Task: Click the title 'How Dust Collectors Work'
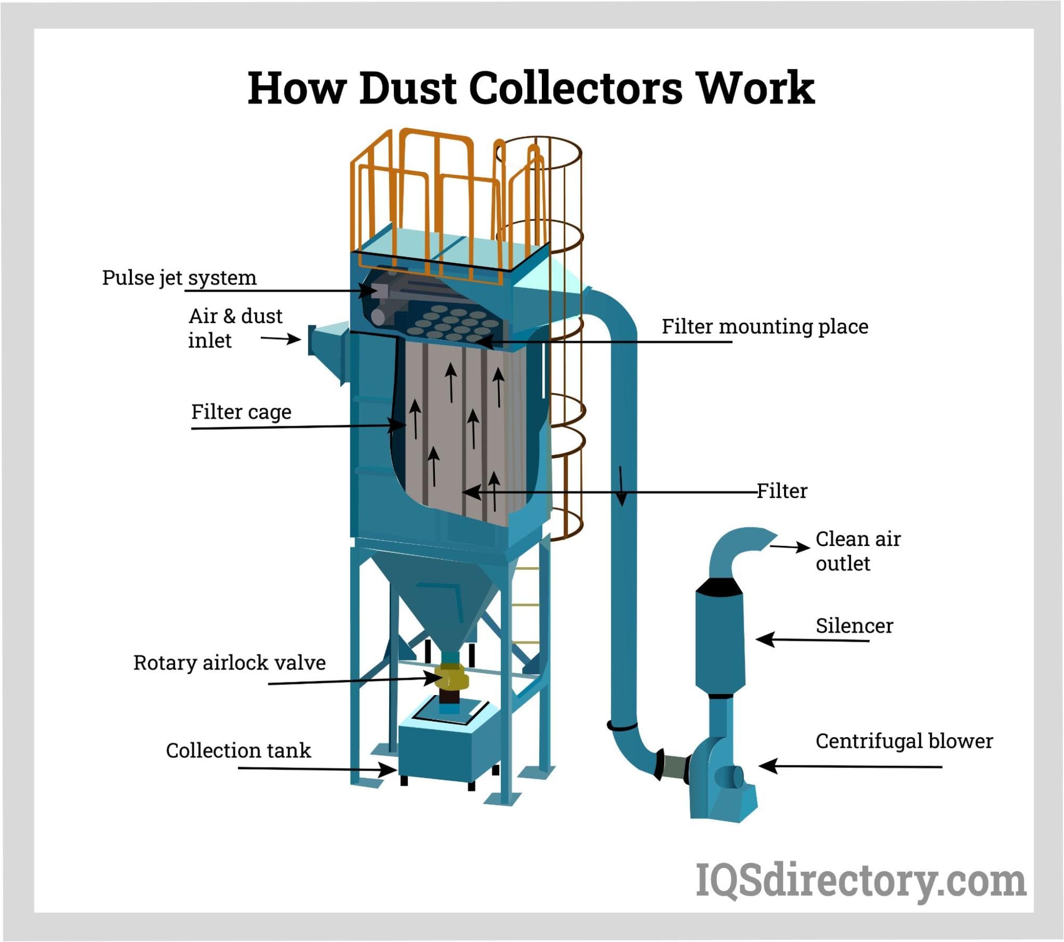tap(531, 87)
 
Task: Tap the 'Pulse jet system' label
tap(179, 278)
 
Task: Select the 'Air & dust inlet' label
tap(235, 328)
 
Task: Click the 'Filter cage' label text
tap(241, 412)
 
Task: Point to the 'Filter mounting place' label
tap(764, 326)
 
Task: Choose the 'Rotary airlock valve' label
tap(229, 663)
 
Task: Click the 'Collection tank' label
tap(238, 750)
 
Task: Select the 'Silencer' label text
tap(854, 626)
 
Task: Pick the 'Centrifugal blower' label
tap(904, 741)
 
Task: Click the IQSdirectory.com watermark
tap(861, 881)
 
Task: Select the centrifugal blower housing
tap(719, 777)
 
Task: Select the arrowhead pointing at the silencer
tap(763, 639)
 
